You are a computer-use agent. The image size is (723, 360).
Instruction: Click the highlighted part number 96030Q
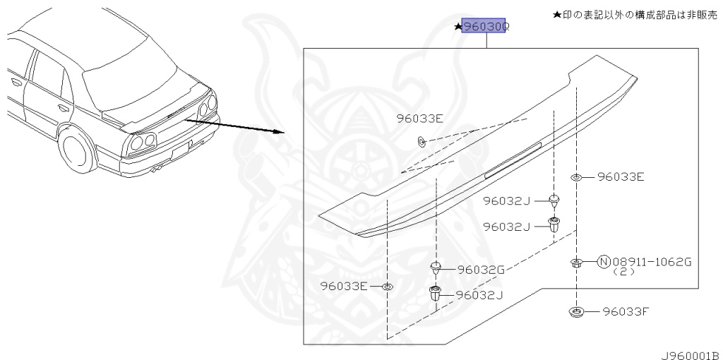(x=486, y=28)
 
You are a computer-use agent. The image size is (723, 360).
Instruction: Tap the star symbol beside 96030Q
(x=458, y=28)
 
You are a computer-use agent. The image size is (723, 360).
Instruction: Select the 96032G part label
(x=481, y=270)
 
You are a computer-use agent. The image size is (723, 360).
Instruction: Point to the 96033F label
(x=626, y=311)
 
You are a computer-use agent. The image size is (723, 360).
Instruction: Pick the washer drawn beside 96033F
(x=576, y=311)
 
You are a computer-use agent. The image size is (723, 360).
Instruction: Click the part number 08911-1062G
(x=652, y=262)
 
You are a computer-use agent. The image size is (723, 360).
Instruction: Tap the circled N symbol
(x=604, y=262)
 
